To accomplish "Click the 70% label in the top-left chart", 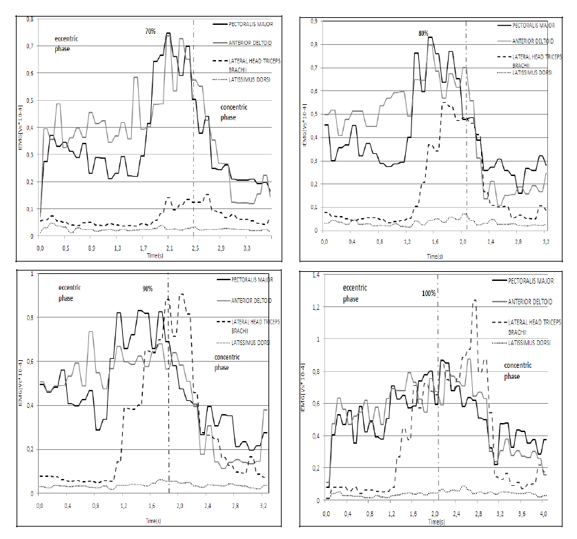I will [150, 32].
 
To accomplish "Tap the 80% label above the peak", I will [423, 33].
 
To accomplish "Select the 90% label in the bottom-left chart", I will [148, 288].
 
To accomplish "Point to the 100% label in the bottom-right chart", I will [429, 293].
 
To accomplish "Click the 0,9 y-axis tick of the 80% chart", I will [314, 21].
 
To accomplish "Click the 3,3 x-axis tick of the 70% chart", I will [246, 247].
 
